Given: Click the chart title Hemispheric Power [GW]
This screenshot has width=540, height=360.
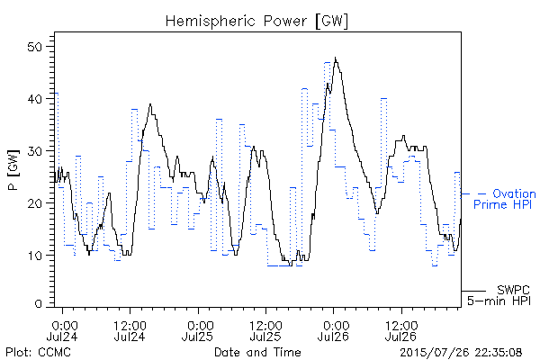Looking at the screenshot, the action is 256,22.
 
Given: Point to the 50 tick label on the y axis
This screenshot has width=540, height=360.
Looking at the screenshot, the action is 35,47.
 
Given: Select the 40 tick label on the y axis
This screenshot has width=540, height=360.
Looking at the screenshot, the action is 35,99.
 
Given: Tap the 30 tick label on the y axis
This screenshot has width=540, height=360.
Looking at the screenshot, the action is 35,151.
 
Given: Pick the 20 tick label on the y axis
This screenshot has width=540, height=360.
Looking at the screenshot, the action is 35,203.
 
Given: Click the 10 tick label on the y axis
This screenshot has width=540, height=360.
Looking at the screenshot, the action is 35,256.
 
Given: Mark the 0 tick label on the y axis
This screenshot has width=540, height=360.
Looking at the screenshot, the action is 39,303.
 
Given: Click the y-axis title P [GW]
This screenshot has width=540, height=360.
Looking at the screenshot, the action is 13,170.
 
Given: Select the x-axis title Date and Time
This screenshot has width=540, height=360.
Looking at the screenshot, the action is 257,352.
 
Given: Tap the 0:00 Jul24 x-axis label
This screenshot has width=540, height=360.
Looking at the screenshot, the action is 63,330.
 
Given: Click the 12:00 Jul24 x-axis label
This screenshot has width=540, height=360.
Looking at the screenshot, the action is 130,330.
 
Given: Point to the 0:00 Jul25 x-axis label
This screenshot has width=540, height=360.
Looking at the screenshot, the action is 198,330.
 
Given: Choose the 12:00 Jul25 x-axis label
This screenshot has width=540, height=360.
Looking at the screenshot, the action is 265,330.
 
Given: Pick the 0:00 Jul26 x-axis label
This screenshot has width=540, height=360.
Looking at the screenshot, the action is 333,330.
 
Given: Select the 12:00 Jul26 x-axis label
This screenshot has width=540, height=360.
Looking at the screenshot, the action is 401,330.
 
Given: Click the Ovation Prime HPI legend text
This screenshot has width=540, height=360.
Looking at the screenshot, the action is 505,199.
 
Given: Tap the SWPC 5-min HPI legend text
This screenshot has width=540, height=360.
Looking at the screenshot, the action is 499,295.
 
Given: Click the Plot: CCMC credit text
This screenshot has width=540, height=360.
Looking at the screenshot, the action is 38,353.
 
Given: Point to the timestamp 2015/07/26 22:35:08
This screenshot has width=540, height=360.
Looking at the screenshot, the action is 461,353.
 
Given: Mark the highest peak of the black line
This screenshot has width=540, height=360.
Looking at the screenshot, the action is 335,58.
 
